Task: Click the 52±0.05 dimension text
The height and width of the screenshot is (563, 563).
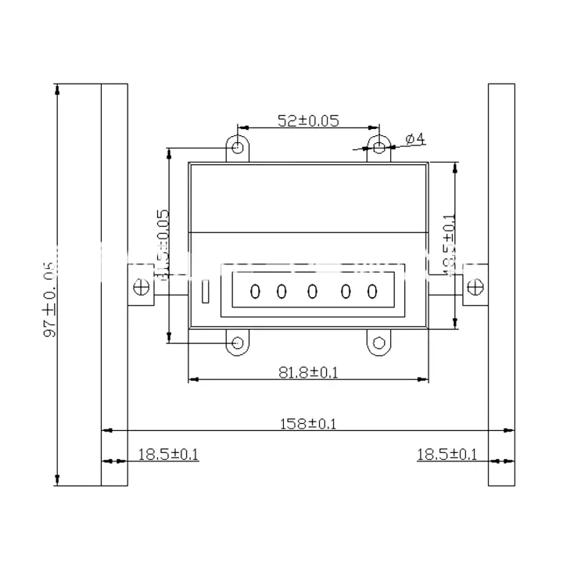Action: [x=308, y=120]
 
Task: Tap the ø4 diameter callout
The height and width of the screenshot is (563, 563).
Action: [x=415, y=139]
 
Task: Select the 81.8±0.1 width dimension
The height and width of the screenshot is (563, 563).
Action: [x=308, y=372]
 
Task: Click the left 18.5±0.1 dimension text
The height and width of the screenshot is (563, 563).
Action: [x=168, y=454]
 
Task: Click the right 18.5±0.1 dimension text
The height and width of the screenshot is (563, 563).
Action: [x=446, y=454]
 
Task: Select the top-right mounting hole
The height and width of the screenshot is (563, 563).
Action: [x=378, y=146]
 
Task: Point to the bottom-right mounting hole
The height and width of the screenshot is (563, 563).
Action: [x=378, y=342]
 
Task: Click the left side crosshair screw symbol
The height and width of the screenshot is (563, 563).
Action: [x=142, y=287]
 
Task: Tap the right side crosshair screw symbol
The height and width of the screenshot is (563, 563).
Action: [x=474, y=287]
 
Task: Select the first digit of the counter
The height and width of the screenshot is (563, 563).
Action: [x=254, y=292]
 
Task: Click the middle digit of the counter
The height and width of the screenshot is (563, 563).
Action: [x=313, y=292]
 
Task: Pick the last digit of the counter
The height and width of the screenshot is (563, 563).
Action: [x=372, y=292]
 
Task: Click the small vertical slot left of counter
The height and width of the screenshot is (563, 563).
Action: [x=205, y=292]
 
